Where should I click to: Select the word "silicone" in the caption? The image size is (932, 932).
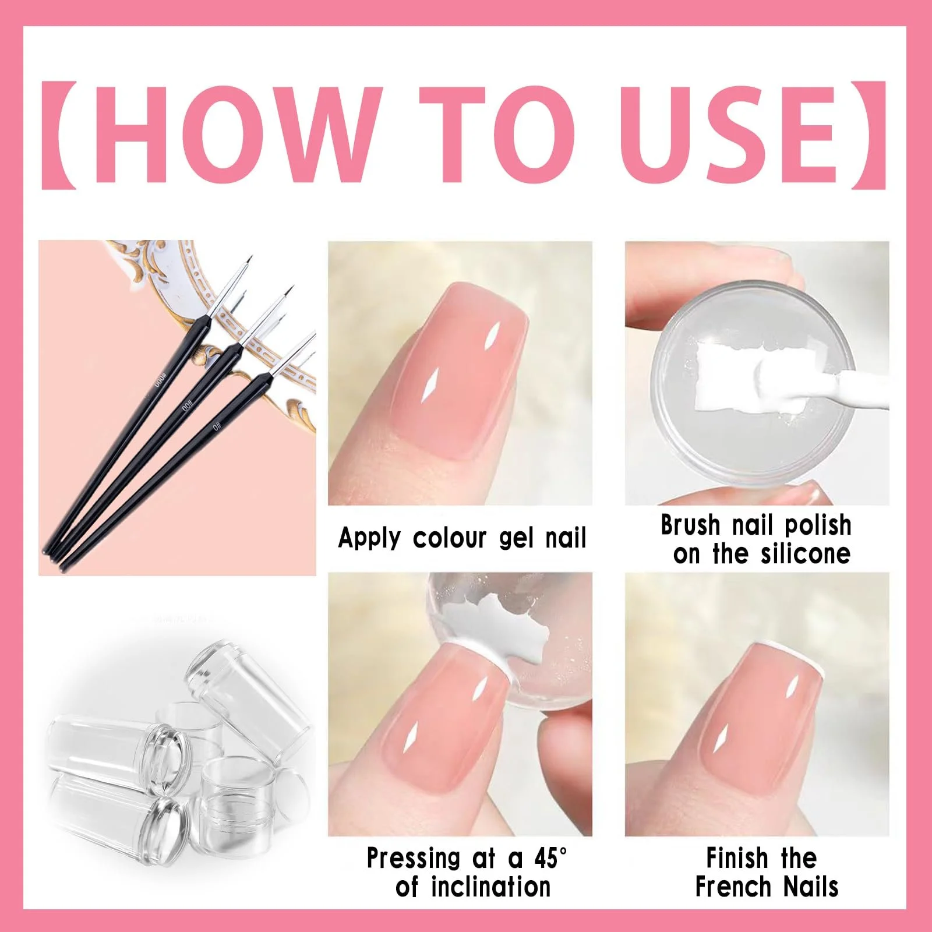[x=806, y=554]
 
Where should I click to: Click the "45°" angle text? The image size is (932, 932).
[x=550, y=857]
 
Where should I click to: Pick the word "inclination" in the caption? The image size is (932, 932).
[x=490, y=887]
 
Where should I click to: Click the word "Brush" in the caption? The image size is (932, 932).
[x=690, y=525]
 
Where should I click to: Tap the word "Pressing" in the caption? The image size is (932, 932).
[x=414, y=858]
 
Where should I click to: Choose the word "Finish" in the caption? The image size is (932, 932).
[x=737, y=858]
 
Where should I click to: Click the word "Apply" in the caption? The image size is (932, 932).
[x=369, y=538]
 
